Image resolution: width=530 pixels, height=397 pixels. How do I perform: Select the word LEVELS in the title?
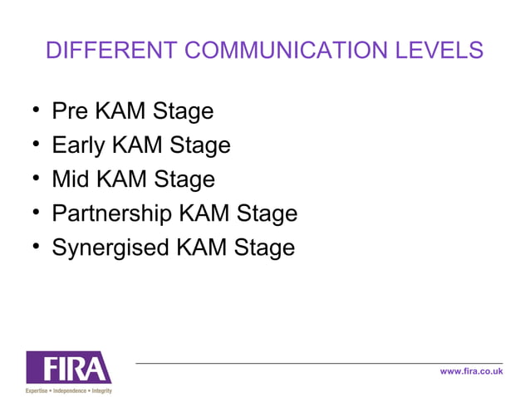point(437,50)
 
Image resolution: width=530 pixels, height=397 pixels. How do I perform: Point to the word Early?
point(79,145)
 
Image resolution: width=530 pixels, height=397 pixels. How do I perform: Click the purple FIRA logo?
point(68,367)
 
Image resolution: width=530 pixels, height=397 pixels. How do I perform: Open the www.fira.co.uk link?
point(471,371)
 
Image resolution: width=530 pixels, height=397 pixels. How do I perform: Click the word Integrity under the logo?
point(101,390)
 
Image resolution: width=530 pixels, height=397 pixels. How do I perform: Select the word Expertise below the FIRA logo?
point(37,390)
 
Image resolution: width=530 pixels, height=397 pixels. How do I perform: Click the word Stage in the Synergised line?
point(265,248)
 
